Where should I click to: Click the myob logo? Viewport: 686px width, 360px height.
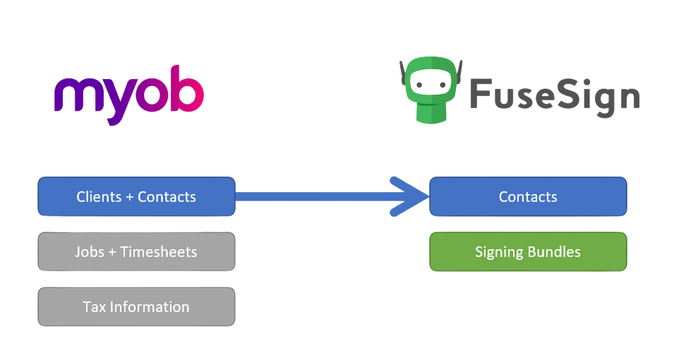coord(128,95)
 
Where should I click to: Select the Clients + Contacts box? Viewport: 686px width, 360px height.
coord(136,196)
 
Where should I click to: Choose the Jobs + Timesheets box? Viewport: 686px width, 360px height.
coord(136,251)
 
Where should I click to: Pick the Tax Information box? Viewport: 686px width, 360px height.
coord(136,306)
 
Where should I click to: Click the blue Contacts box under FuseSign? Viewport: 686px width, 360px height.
coord(528,196)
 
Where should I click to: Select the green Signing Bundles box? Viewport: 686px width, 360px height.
coord(528,251)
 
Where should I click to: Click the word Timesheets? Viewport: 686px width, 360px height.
coord(160,251)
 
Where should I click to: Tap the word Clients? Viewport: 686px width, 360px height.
coord(99,196)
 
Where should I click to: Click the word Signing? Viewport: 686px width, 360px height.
coord(499,251)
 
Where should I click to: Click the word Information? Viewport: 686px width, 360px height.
coord(149,306)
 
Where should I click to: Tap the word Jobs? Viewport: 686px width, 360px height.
coord(90,251)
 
